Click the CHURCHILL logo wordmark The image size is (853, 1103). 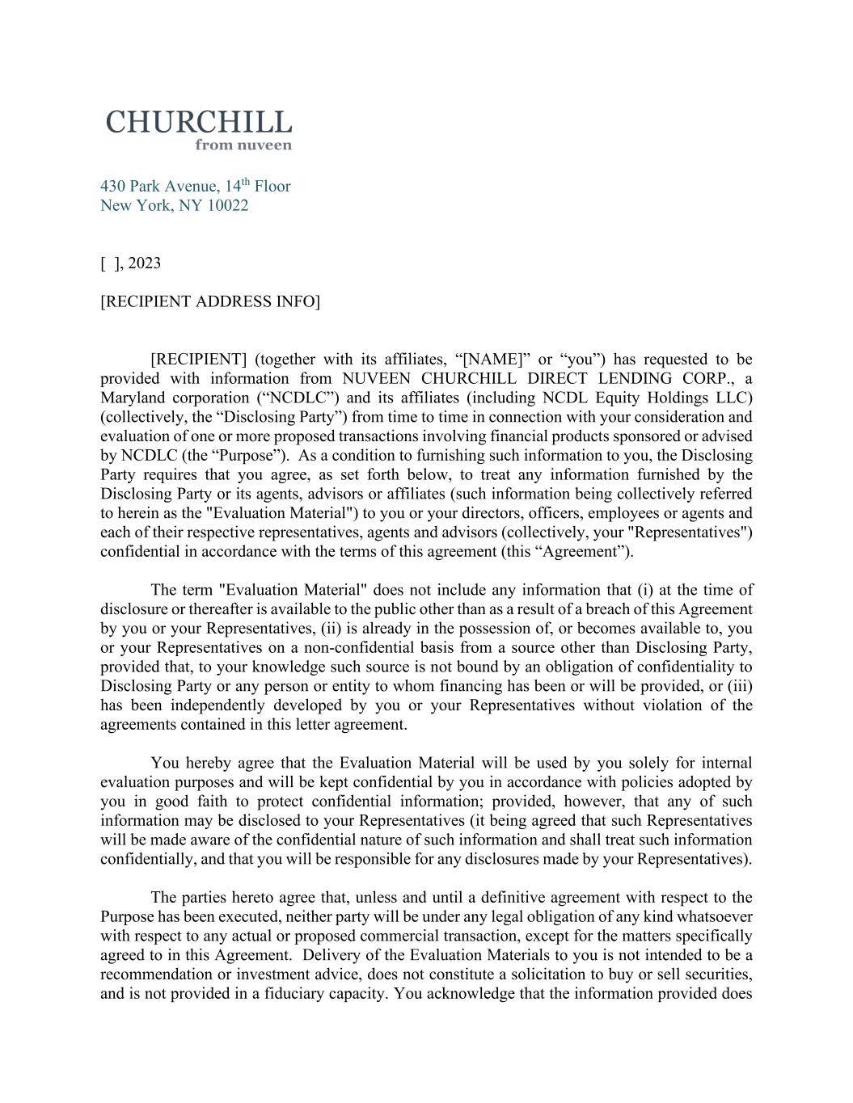coord(198,123)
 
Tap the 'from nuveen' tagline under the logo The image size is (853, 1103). coord(243,145)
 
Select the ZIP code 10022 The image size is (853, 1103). coord(228,205)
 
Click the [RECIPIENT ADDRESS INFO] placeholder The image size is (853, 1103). coord(210,302)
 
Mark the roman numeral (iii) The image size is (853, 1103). coord(740,686)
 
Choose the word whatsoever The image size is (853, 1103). coord(715,917)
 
